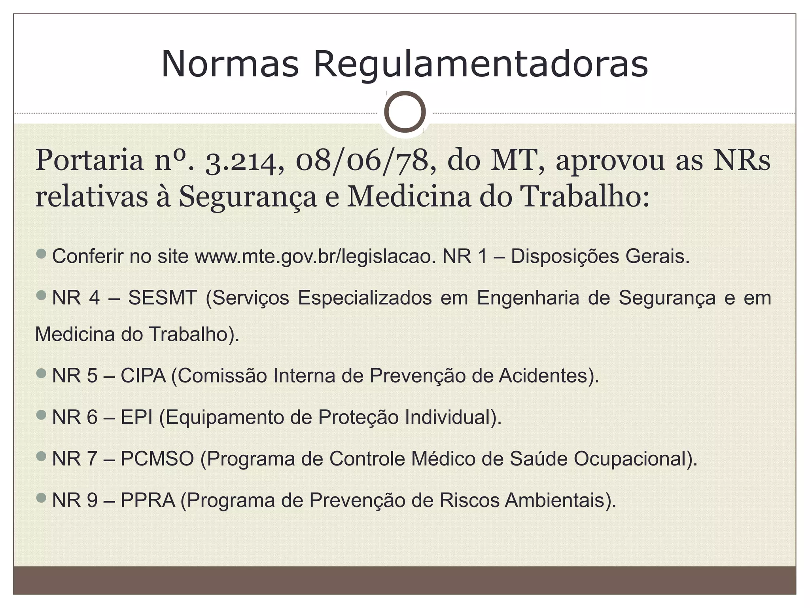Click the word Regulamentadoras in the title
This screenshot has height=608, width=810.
click(x=480, y=65)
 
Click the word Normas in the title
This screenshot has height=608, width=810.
click(x=230, y=65)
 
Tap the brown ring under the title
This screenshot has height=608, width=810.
click(x=405, y=112)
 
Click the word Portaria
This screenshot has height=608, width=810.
click(x=90, y=161)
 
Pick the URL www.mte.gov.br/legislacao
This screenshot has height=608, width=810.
click(x=315, y=256)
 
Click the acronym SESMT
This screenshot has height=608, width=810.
click(x=163, y=298)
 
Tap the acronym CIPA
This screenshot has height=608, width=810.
click(x=143, y=376)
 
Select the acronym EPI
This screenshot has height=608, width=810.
click(x=136, y=417)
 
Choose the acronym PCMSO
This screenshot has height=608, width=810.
click(x=157, y=459)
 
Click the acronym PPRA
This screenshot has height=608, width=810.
click(x=148, y=500)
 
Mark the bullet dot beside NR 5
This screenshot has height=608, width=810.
click(x=41, y=373)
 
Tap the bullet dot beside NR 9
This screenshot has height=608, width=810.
click(x=41, y=498)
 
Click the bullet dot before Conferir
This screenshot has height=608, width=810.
click(x=41, y=254)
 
